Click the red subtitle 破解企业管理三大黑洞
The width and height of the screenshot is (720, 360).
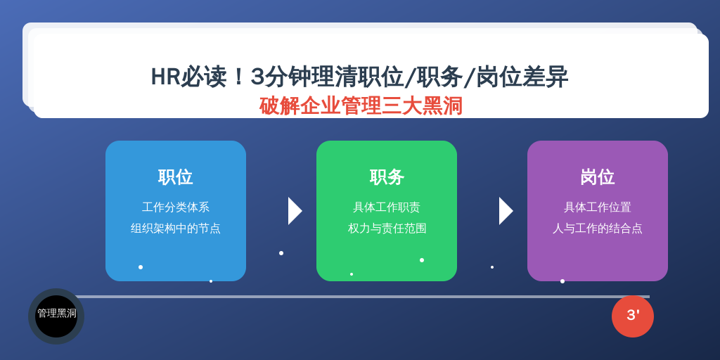click(361, 106)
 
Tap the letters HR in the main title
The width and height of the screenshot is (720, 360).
click(165, 77)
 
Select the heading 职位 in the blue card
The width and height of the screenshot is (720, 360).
click(175, 177)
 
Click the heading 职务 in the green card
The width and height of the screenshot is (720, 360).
click(387, 177)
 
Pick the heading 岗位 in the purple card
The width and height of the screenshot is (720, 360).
click(598, 177)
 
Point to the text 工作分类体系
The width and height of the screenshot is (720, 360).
click(175, 207)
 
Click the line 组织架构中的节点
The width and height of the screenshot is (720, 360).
click(175, 229)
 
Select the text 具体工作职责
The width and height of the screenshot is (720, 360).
click(387, 207)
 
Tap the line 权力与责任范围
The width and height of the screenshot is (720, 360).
click(387, 229)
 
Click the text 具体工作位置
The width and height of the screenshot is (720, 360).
click(598, 207)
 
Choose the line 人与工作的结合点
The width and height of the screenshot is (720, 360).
click(598, 229)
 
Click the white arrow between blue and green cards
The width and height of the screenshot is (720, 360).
click(295, 211)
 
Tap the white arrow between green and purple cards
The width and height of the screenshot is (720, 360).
click(506, 211)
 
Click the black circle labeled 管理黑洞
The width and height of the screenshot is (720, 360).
click(56, 316)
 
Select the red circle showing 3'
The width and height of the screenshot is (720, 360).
click(633, 316)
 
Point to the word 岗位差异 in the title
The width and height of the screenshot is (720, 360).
click(522, 77)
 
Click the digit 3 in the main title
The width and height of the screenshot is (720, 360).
click(257, 77)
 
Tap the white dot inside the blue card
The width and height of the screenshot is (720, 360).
click(141, 267)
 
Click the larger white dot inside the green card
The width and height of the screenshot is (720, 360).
click(422, 260)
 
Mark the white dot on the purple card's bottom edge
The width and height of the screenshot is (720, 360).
click(562, 281)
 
